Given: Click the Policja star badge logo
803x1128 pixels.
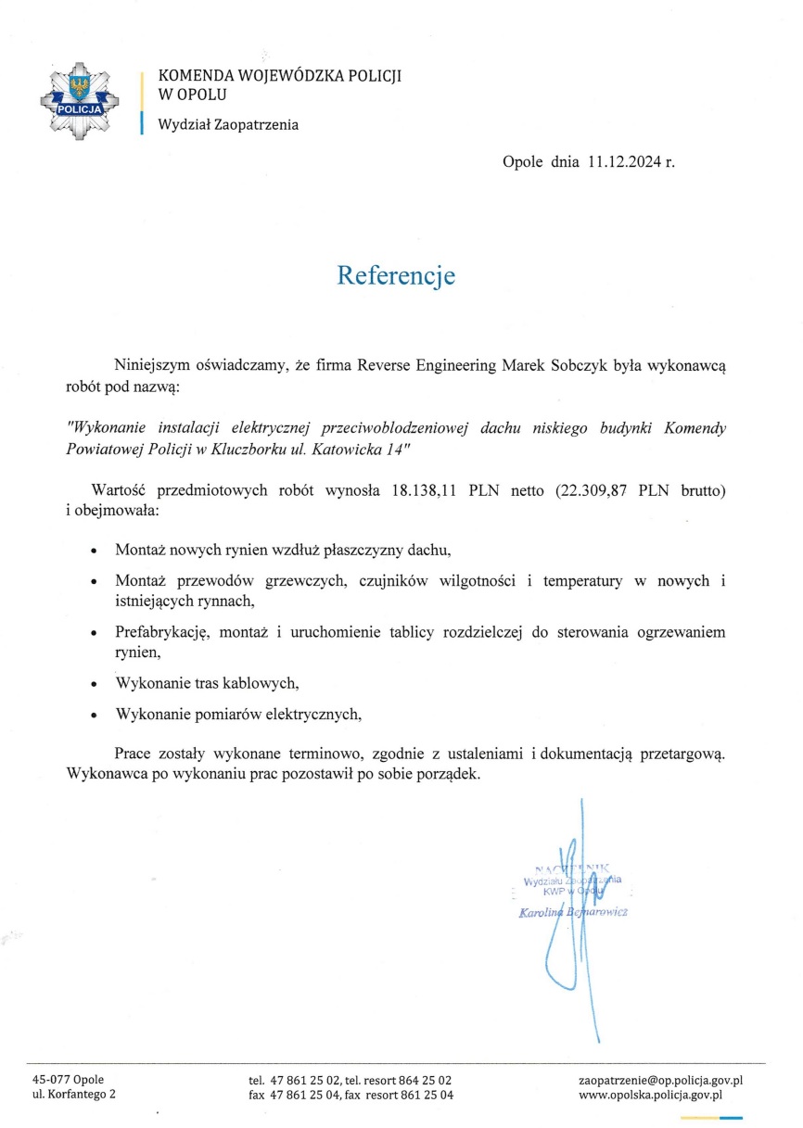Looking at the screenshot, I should click(x=83, y=101).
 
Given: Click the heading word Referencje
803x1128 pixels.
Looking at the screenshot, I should click(x=395, y=275).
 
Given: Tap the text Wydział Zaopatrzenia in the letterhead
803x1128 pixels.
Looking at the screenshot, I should click(x=228, y=125).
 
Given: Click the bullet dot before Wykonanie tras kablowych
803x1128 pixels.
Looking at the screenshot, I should click(x=95, y=685).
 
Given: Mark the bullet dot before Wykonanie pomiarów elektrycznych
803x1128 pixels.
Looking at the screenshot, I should click(x=95, y=716).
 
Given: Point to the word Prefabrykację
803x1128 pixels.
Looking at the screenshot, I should click(x=166, y=633).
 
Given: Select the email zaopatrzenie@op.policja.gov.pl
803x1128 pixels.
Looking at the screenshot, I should click(x=660, y=1080).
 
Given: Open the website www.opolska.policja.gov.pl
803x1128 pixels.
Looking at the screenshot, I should click(x=650, y=1095).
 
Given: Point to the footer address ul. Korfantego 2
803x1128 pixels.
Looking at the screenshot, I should click(x=74, y=1095).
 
